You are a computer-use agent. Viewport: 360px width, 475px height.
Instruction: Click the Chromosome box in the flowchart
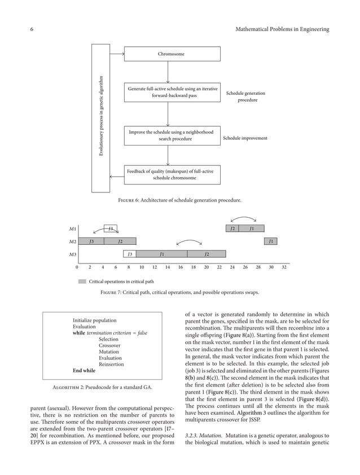pyautogui.click(x=171, y=54)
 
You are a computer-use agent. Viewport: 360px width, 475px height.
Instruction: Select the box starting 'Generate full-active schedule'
pyautogui.click(x=171, y=93)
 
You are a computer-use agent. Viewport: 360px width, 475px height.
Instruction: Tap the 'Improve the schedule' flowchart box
pyautogui.click(x=171, y=135)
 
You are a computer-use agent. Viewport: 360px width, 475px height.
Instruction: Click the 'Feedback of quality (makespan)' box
pyautogui.click(x=171, y=174)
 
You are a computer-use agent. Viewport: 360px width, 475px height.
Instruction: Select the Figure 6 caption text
pyautogui.click(x=179, y=200)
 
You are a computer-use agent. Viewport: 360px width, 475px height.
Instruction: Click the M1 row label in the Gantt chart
pyautogui.click(x=72, y=229)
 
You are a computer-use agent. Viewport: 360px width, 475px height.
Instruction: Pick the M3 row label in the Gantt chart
pyautogui.click(x=72, y=254)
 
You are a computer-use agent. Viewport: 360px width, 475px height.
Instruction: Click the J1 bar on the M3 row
pyautogui.click(x=162, y=254)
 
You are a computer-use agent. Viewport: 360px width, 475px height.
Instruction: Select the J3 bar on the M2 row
pyautogui.click(x=91, y=241)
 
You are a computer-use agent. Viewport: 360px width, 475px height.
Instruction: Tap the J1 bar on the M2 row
pyautogui.click(x=271, y=241)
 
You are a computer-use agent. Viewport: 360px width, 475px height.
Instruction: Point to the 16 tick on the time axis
pyautogui.click(x=180, y=267)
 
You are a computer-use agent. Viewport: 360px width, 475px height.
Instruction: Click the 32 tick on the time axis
pyautogui.click(x=284, y=267)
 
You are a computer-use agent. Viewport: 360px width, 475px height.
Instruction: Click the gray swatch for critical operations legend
pyautogui.click(x=82, y=281)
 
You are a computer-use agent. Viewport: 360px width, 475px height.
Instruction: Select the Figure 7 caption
pyautogui.click(x=179, y=293)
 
